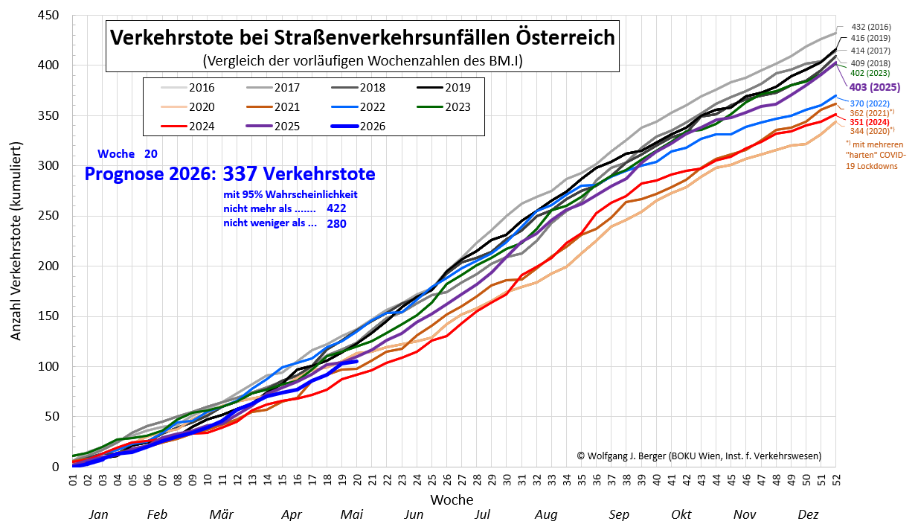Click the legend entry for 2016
[188, 88]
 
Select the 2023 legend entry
[444, 106]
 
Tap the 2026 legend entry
[359, 126]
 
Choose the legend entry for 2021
[273, 106]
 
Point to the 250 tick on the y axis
[48, 215]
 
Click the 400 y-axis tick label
[48, 65]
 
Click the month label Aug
[546, 514]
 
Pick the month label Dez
[808, 514]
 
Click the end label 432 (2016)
[871, 27]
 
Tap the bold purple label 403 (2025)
[875, 87]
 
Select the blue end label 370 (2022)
[870, 104]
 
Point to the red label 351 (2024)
[870, 122]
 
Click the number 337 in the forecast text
[240, 173]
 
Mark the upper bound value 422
[336, 208]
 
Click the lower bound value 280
[336, 223]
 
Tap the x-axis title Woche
[452, 499]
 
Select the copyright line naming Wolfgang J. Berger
[699, 456]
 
